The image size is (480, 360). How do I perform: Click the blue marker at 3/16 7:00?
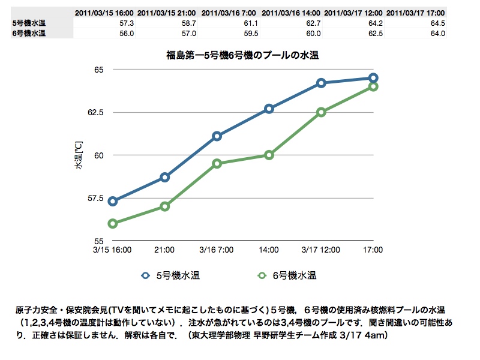pyautogui.click(x=217, y=136)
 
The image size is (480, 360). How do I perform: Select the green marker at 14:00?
pyautogui.click(x=269, y=155)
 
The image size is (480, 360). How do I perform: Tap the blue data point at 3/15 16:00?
pyautogui.click(x=113, y=201)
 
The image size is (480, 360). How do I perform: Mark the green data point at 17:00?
pyautogui.click(x=373, y=86)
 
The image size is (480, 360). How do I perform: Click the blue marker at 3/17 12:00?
pyautogui.click(x=321, y=83)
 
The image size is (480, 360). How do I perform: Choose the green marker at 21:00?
pyautogui.click(x=165, y=206)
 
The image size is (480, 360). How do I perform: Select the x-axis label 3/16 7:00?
pyautogui.click(x=217, y=250)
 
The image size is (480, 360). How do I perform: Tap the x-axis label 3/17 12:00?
pyautogui.click(x=321, y=250)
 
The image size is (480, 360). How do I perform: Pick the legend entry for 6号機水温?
pyautogui.click(x=287, y=276)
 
